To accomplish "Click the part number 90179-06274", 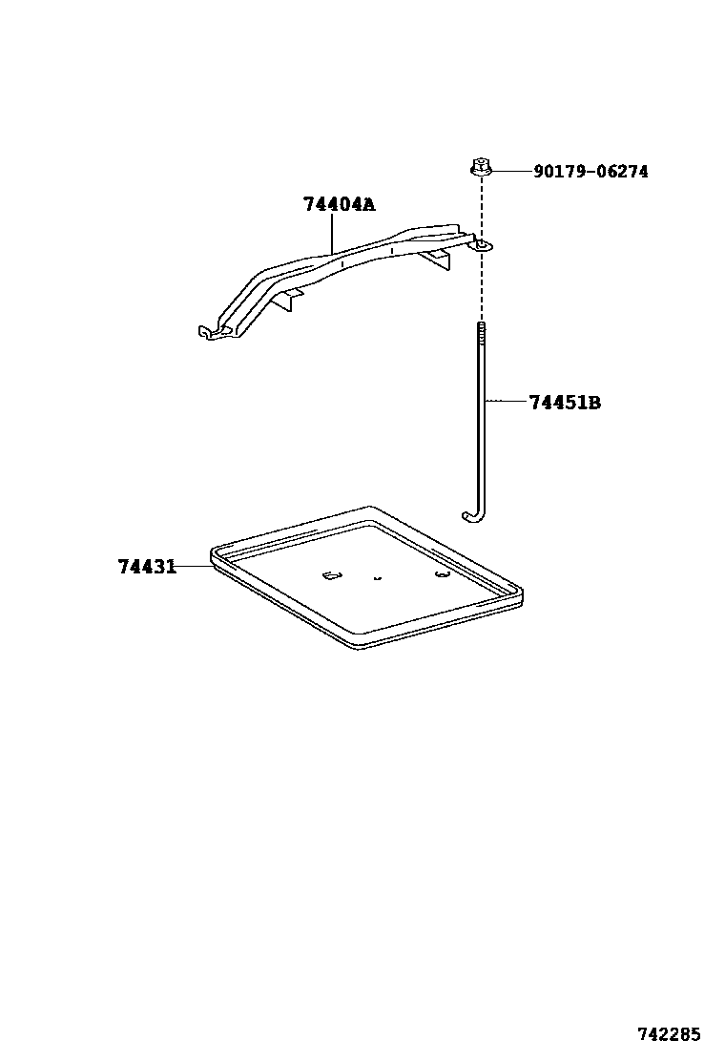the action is (x=590, y=172).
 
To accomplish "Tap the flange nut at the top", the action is (x=480, y=168).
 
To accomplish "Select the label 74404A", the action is (x=340, y=204).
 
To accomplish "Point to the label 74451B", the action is (x=565, y=403).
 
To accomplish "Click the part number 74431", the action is (x=147, y=567).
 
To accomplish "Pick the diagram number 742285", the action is (x=669, y=1034).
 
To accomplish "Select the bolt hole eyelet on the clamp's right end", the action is (x=484, y=246).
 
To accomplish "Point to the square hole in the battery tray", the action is (x=330, y=575).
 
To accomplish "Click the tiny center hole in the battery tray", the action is (x=378, y=576).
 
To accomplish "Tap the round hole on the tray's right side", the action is (x=441, y=574).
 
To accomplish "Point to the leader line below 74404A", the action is (x=332, y=235).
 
